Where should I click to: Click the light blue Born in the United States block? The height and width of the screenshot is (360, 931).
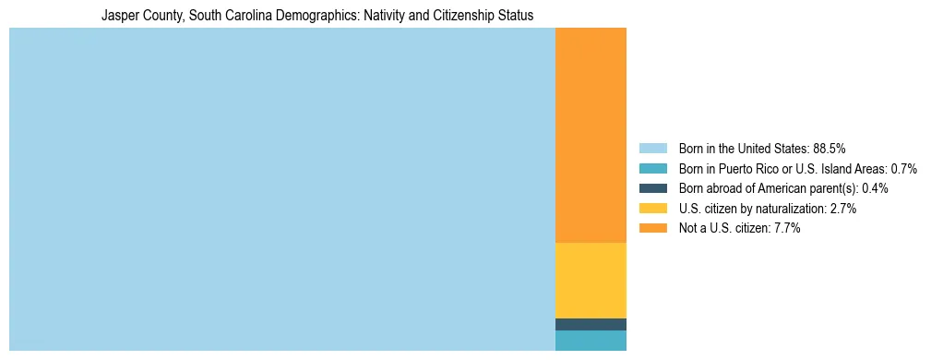(x=281, y=189)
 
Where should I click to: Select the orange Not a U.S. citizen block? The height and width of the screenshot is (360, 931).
(x=591, y=135)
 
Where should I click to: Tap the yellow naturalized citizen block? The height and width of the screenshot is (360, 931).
(x=591, y=280)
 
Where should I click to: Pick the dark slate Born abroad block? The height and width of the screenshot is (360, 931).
(x=591, y=324)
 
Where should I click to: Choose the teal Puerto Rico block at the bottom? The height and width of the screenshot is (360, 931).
(x=591, y=341)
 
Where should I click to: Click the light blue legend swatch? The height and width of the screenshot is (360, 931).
(x=652, y=149)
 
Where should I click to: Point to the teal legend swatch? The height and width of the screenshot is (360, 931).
(x=652, y=169)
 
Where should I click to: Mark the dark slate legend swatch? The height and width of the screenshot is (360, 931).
(x=652, y=188)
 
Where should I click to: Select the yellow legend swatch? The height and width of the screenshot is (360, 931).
(x=652, y=209)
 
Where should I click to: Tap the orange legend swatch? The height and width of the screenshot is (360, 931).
(x=652, y=228)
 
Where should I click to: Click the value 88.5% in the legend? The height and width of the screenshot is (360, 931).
(x=829, y=149)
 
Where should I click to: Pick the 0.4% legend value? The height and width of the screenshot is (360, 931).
(x=875, y=188)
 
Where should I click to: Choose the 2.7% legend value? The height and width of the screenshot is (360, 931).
(x=842, y=209)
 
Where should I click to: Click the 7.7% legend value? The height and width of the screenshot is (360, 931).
(x=786, y=228)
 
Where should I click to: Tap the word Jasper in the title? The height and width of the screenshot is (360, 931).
(x=119, y=16)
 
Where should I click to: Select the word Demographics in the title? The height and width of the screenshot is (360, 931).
(x=286, y=16)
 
